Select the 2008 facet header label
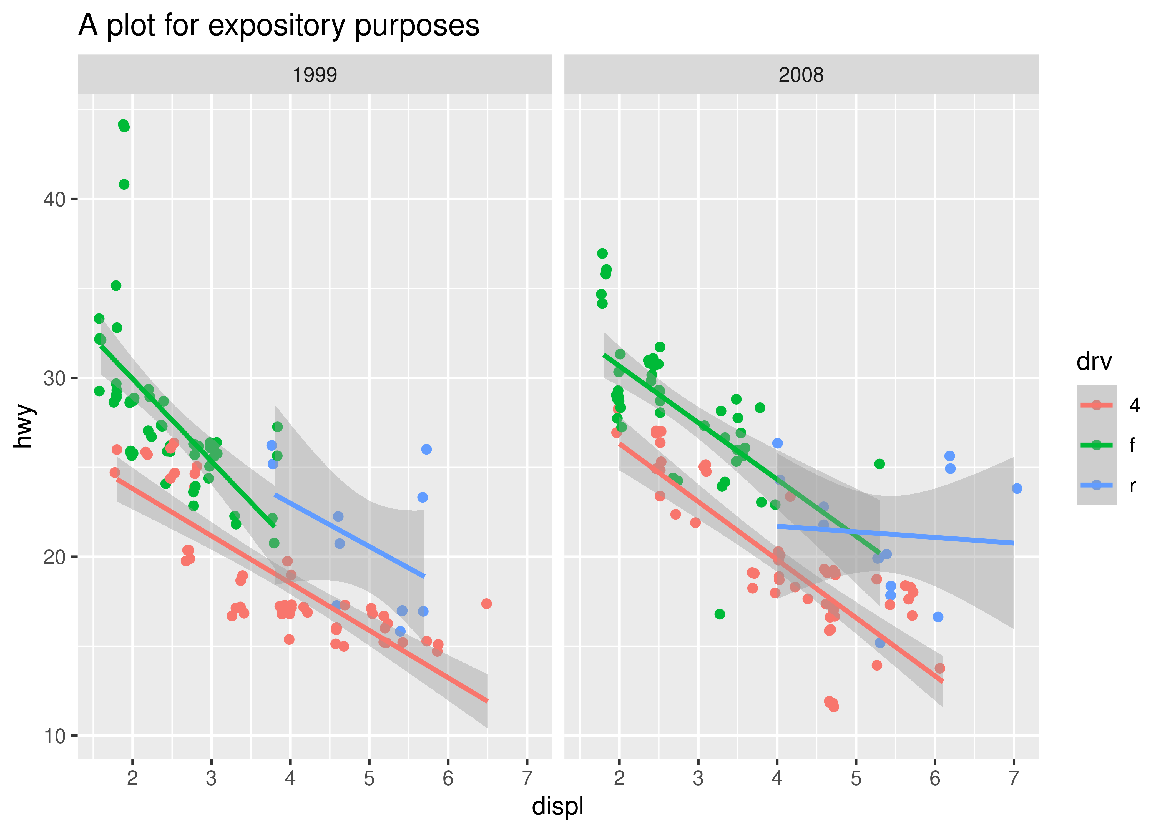[801, 75]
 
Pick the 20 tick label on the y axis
[54, 557]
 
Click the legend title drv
[1094, 362]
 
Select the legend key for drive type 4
[1096, 405]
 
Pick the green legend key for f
[1096, 445]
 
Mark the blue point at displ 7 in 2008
[1017, 488]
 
